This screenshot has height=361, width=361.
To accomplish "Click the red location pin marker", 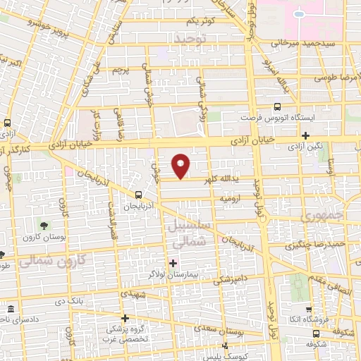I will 182,166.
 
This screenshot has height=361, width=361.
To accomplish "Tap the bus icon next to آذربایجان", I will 137,194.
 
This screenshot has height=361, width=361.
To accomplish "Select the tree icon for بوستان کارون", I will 45,227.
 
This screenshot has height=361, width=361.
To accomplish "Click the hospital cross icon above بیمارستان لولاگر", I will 173,263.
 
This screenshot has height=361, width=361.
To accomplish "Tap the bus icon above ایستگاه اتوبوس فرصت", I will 277,108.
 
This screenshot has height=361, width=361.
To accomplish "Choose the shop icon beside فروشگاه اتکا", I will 309,310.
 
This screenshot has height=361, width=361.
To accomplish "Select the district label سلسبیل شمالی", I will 187,233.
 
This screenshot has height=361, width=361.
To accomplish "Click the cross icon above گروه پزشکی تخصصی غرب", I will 125,318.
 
